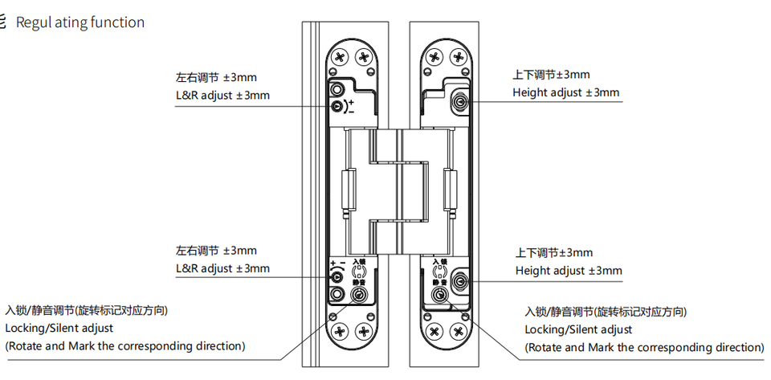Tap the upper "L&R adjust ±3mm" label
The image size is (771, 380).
pos(222,96)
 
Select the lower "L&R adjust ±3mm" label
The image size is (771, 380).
pos(222,268)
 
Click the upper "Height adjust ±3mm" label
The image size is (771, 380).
pos(566,92)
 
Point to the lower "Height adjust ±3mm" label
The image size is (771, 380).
pos(569,271)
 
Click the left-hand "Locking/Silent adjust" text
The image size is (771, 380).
pos(59,328)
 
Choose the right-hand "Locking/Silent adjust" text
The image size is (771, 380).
pos(578,329)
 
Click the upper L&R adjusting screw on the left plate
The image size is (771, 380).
pos(337,105)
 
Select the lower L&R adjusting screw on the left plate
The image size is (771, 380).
pos(337,278)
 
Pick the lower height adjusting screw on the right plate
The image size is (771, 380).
pos(461,281)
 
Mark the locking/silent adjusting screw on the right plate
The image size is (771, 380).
pos(439,295)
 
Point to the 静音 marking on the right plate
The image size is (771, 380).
pos(439,283)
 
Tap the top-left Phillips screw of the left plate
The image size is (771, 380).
pos(340,58)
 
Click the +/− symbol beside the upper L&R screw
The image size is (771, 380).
pos(350,106)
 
